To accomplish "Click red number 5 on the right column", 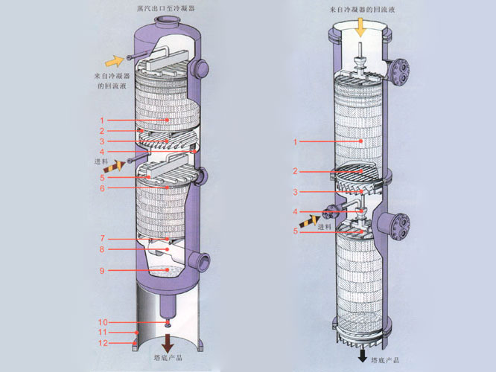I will click(x=295, y=231).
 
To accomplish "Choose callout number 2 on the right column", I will click(x=295, y=172).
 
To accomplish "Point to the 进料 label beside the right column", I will click(x=325, y=227).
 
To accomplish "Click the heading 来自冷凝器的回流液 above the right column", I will click(x=360, y=8).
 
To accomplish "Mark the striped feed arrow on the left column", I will click(x=118, y=162).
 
